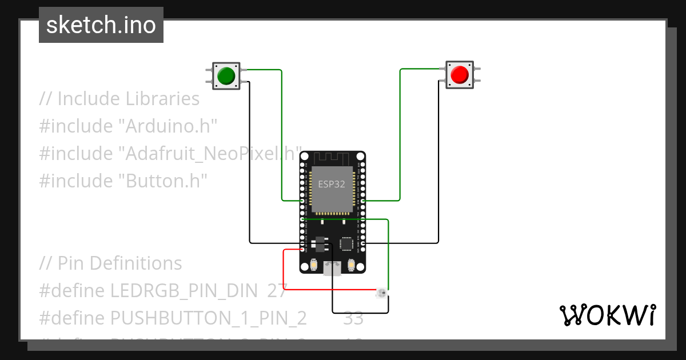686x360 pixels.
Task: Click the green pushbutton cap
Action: [226, 75]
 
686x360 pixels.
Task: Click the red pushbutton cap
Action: [460, 75]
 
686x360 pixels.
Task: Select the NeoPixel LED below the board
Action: [381, 294]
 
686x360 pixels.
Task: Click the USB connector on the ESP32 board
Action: [332, 268]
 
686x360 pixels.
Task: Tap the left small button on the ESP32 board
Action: [313, 265]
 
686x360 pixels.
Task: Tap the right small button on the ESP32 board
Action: [351, 265]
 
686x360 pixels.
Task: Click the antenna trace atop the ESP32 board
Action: [332, 158]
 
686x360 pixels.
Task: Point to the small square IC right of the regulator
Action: [346, 243]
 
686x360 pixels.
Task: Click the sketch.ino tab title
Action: [101, 25]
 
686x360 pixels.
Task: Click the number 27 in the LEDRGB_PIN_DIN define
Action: [277, 290]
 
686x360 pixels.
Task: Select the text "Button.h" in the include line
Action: [162, 181]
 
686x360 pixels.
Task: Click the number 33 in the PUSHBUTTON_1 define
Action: [353, 318]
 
